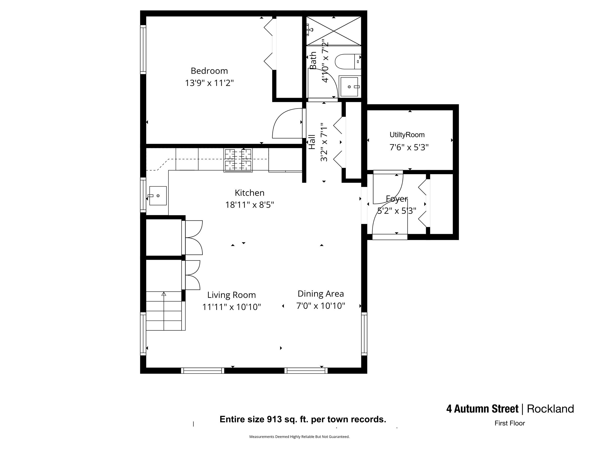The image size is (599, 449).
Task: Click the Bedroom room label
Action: pos(209,71)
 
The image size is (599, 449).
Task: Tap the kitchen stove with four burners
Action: pos(238,160)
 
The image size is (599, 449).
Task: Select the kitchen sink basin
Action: pos(158,196)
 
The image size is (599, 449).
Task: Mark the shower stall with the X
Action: pos(334,31)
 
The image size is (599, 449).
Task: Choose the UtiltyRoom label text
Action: pos(407,135)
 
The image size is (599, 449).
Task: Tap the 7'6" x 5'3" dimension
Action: pos(409,148)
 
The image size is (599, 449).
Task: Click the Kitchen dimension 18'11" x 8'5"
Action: pos(249,205)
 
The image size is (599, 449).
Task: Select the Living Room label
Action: pos(231,295)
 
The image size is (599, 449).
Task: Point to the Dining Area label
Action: pos(320,294)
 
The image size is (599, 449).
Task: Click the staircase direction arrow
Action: pos(164,294)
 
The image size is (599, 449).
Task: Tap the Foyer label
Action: pos(397,199)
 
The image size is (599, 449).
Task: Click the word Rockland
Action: pos(550,409)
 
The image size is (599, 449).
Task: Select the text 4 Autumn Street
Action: pos(482,409)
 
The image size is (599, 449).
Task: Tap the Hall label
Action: pos(312,142)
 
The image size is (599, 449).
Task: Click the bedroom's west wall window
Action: pos(143,50)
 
